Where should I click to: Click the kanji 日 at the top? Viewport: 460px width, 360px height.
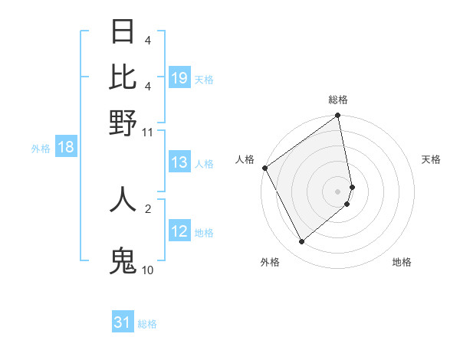[123, 32]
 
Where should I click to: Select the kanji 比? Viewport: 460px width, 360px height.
[123, 77]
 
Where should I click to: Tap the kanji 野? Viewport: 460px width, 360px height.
[123, 123]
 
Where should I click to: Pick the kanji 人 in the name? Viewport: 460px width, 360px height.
[123, 199]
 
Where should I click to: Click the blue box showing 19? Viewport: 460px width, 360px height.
[179, 77]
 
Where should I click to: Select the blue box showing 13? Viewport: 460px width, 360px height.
[179, 162]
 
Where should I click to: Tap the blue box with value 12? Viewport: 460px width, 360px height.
[179, 231]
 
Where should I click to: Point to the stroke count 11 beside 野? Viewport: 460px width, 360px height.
[148, 132]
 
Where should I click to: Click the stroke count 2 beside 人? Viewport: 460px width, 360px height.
[148, 208]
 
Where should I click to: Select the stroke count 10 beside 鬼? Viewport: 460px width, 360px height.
[148, 270]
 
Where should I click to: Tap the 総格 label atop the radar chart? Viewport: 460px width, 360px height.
[338, 100]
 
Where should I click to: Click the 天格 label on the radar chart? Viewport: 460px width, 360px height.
[431, 159]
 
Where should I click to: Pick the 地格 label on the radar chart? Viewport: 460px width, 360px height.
[402, 263]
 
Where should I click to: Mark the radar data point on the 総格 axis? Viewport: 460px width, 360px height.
[338, 116]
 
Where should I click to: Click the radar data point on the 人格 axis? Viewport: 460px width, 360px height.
[264, 168]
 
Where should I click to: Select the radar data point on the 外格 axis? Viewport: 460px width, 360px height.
[301, 242]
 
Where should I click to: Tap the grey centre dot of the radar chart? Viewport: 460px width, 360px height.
[338, 191]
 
